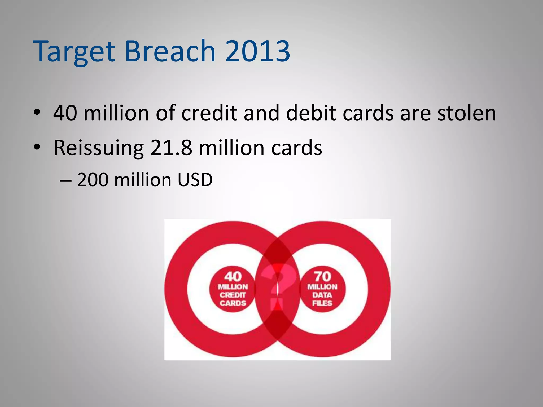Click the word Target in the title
point(74,52)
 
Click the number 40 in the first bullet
point(65,113)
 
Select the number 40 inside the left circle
point(233,277)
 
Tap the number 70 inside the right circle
point(322,277)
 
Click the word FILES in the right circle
point(322,303)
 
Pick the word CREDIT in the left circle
point(233,295)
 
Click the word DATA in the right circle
point(322,295)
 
